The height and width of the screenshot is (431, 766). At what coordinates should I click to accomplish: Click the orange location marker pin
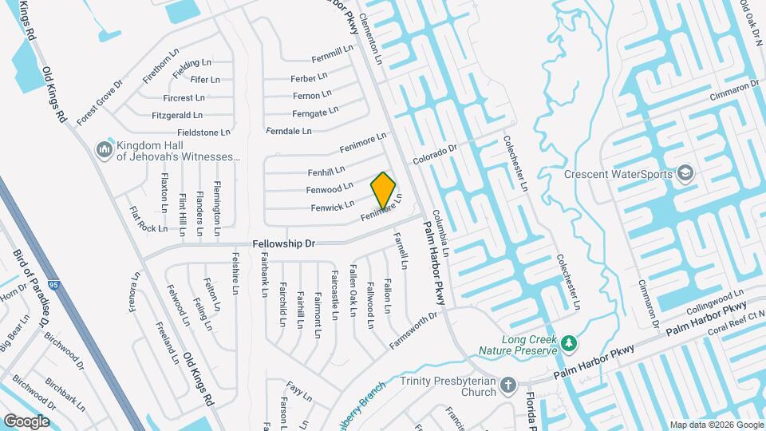click(384, 190)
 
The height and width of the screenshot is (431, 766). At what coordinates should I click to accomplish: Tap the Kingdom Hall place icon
click(104, 150)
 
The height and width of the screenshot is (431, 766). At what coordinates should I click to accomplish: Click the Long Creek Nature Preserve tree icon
click(568, 343)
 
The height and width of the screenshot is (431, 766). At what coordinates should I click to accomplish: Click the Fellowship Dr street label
click(284, 241)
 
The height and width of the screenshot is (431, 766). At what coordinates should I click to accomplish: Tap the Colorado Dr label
click(435, 152)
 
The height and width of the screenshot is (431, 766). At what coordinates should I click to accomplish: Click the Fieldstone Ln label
click(203, 132)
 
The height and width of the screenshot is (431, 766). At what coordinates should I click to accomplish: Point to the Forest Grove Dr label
click(101, 102)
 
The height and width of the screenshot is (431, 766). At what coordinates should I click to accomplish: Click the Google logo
click(26, 421)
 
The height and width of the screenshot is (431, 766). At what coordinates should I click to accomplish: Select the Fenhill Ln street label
click(326, 172)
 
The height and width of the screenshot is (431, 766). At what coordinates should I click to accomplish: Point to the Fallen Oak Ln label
click(352, 292)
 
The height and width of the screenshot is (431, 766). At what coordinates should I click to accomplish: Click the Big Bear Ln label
click(17, 336)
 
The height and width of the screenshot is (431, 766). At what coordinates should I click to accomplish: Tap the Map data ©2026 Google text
click(715, 425)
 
